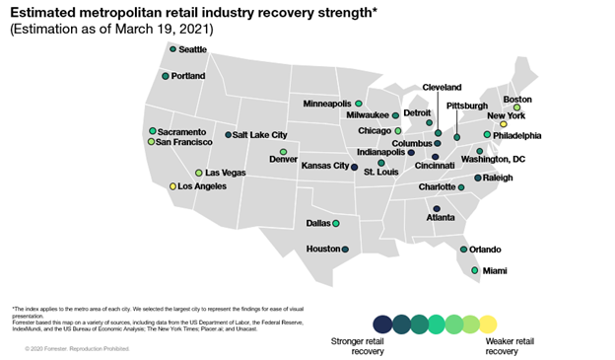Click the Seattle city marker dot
(x=172, y=48)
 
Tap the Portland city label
(x=187, y=76)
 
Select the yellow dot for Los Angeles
(x=172, y=185)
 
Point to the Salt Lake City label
(x=260, y=135)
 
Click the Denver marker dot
(x=283, y=151)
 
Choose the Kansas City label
(x=324, y=166)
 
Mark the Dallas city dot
(x=336, y=223)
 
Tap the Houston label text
(x=322, y=249)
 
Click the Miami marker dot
(x=475, y=269)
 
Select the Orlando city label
(x=485, y=250)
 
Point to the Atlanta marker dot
(x=436, y=208)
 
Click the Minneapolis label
(x=327, y=104)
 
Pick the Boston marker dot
(x=517, y=108)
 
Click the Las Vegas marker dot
(x=198, y=173)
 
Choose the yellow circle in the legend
(x=488, y=324)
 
